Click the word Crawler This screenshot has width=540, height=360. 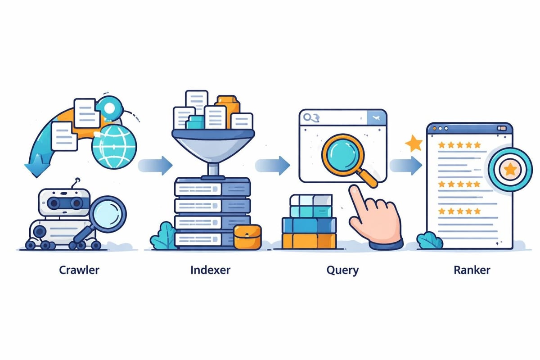[79, 270]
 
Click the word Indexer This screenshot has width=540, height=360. [210, 270]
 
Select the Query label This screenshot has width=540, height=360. [342, 270]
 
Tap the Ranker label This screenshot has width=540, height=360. [472, 270]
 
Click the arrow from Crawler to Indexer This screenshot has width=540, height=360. [155, 165]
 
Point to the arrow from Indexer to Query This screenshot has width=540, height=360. [273, 165]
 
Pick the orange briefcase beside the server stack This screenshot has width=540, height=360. [247, 237]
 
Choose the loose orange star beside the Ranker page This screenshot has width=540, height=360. [414, 144]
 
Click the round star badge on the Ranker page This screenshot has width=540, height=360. [510, 169]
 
